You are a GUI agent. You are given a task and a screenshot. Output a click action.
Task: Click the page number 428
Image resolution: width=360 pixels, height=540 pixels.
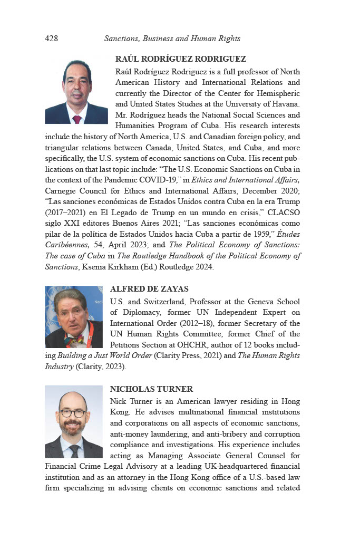pos(52,38)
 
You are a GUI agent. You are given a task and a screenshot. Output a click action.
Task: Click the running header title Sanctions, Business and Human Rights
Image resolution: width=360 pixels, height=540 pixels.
pos(172,38)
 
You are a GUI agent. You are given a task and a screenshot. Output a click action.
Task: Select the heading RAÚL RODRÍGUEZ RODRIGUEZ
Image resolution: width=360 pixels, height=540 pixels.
pos(181,59)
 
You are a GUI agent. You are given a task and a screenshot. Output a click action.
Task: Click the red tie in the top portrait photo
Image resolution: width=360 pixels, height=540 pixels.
pos(77,119)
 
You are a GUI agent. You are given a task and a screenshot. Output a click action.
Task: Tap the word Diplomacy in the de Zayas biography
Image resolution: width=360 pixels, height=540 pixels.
pos(137,312)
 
